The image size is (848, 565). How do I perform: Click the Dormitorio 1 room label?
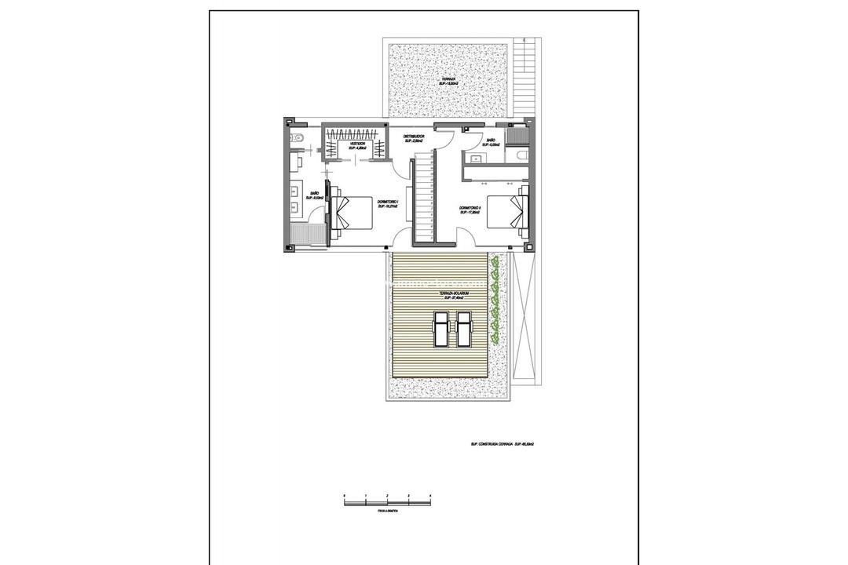click(x=388, y=203)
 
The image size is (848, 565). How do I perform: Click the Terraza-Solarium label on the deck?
click(x=456, y=293)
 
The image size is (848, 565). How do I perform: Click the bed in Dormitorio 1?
click(x=352, y=213)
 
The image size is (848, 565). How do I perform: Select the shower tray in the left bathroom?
click(x=307, y=236)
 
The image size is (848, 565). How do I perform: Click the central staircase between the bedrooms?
click(x=424, y=196)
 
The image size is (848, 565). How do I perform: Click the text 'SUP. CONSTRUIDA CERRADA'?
click(x=491, y=444)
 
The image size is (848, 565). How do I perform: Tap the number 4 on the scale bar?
click(x=431, y=495)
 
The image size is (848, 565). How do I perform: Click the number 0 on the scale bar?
click(x=345, y=495)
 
